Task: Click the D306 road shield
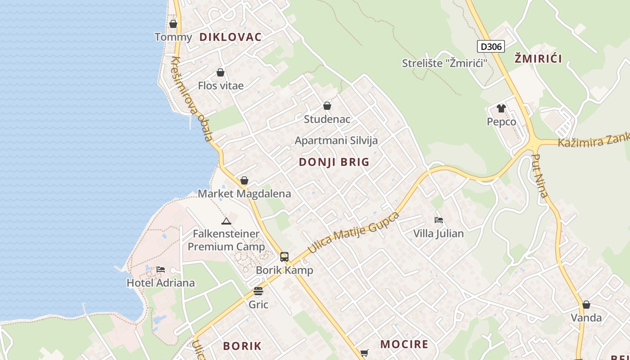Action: click(x=491, y=46)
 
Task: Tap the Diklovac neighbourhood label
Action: click(x=230, y=37)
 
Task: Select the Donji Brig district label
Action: click(x=334, y=162)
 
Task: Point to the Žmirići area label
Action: click(x=538, y=58)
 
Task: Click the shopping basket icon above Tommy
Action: click(x=173, y=24)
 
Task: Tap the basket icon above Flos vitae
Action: click(x=220, y=72)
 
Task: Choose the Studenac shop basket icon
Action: click(x=327, y=106)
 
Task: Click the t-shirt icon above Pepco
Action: click(x=501, y=108)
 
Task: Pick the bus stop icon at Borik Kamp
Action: click(x=284, y=257)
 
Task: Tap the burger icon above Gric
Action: click(x=258, y=291)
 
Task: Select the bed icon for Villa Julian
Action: click(x=439, y=220)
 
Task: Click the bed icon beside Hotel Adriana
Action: click(x=161, y=270)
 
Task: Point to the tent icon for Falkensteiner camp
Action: click(x=226, y=221)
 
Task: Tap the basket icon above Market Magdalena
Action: click(x=244, y=181)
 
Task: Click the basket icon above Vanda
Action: click(x=586, y=305)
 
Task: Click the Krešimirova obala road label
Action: click(x=192, y=99)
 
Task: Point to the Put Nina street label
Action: click(x=540, y=176)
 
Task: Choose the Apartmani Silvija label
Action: click(x=336, y=140)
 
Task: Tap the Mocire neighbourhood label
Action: click(x=404, y=345)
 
